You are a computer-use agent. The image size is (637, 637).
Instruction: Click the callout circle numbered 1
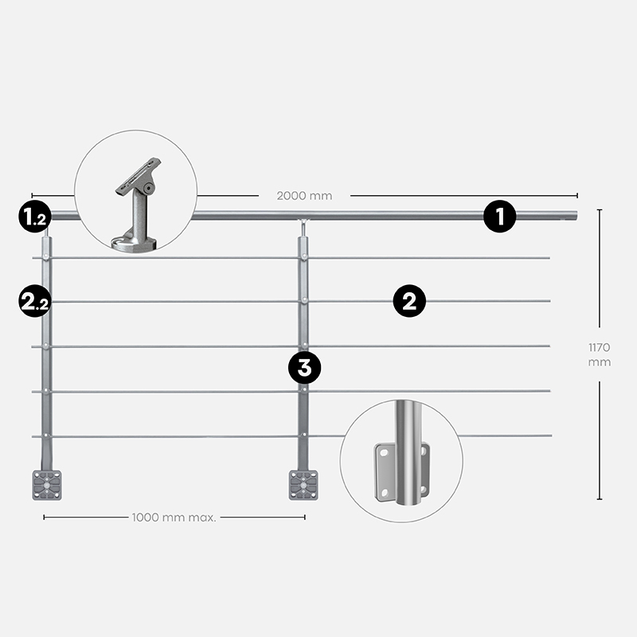pyautogui.click(x=500, y=216)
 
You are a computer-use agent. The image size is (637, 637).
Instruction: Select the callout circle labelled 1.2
pyautogui.click(x=35, y=216)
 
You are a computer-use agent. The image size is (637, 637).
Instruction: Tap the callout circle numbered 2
pyautogui.click(x=409, y=301)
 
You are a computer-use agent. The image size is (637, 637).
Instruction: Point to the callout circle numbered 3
pyautogui.click(x=304, y=368)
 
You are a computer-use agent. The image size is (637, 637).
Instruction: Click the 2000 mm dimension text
pyautogui.click(x=304, y=196)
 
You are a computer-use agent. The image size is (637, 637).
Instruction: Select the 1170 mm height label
pyautogui.click(x=600, y=354)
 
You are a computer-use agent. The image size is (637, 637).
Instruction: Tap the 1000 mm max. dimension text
pyautogui.click(x=174, y=518)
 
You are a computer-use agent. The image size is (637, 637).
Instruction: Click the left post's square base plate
pyautogui.click(x=47, y=485)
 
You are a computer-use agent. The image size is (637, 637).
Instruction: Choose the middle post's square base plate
pyautogui.click(x=303, y=485)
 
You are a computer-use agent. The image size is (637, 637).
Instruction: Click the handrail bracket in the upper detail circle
pyautogui.click(x=137, y=205)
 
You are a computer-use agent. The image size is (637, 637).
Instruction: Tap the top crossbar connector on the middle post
pyautogui.click(x=303, y=256)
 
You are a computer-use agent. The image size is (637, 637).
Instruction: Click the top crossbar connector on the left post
pyautogui.click(x=46, y=256)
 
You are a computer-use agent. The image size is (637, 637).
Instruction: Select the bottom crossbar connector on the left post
pyautogui.click(x=46, y=436)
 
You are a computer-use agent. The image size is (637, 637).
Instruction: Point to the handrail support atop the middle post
pyautogui.click(x=303, y=229)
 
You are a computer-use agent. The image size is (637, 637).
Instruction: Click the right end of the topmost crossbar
pyautogui.click(x=549, y=257)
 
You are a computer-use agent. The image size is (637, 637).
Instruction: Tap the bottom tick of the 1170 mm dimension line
pyautogui.click(x=600, y=499)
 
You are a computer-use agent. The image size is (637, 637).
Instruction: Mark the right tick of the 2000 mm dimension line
pyautogui.click(x=576, y=195)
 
